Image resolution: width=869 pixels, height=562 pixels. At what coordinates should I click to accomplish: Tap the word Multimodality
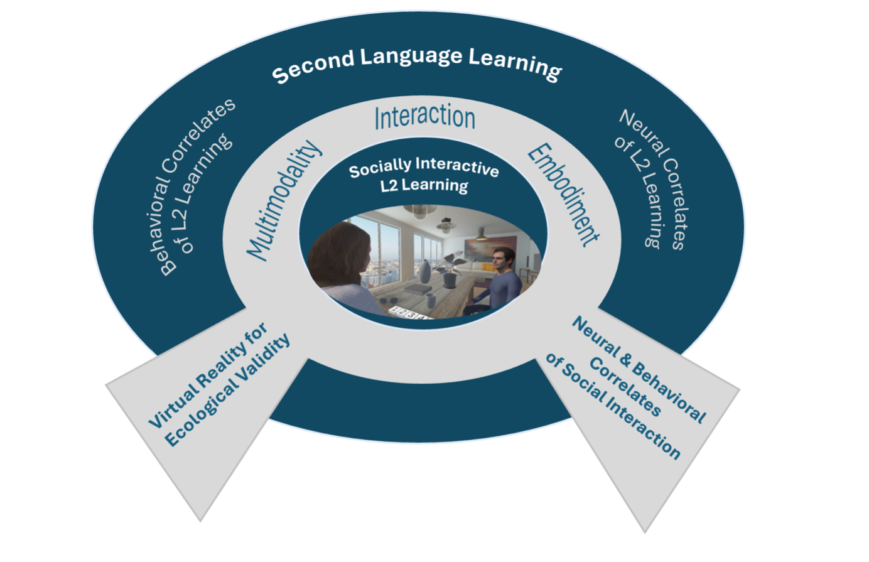click(x=283, y=200)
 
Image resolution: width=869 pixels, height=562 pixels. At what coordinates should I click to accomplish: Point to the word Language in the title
click(x=411, y=56)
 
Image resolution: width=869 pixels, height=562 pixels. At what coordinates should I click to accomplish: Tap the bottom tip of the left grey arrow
click(x=200, y=520)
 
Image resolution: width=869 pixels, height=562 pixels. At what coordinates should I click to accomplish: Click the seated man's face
click(x=503, y=259)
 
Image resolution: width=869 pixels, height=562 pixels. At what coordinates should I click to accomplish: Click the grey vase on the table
click(x=425, y=272)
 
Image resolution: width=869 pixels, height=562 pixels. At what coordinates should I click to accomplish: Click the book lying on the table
click(x=417, y=289)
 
